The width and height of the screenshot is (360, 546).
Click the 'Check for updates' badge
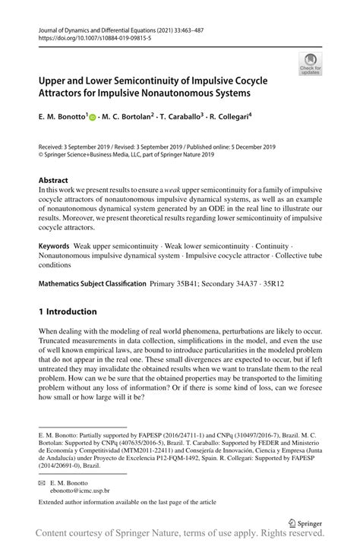(x=310, y=64)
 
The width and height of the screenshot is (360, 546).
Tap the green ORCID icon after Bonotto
(x=93, y=118)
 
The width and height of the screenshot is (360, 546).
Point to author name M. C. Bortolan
(x=126, y=118)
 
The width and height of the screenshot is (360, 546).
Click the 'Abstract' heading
(x=54, y=181)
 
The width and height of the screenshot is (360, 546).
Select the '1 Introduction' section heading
(x=68, y=311)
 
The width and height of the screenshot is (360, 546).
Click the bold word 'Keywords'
(x=54, y=247)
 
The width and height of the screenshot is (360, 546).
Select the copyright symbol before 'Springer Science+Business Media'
(x=41, y=153)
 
